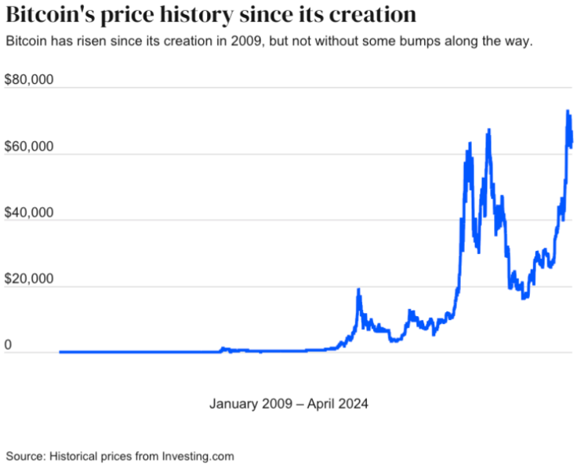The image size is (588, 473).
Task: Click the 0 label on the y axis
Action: (x=9, y=346)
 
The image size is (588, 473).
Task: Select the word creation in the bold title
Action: (x=368, y=15)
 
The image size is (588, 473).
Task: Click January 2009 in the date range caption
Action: (x=245, y=404)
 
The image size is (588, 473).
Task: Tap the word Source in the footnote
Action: (x=25, y=456)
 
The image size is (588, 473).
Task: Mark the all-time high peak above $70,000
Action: (x=567, y=112)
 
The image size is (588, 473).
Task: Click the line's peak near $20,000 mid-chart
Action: (x=358, y=290)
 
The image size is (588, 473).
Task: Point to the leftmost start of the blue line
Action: (x=60, y=351)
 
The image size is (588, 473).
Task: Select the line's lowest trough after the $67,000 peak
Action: (x=524, y=297)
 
